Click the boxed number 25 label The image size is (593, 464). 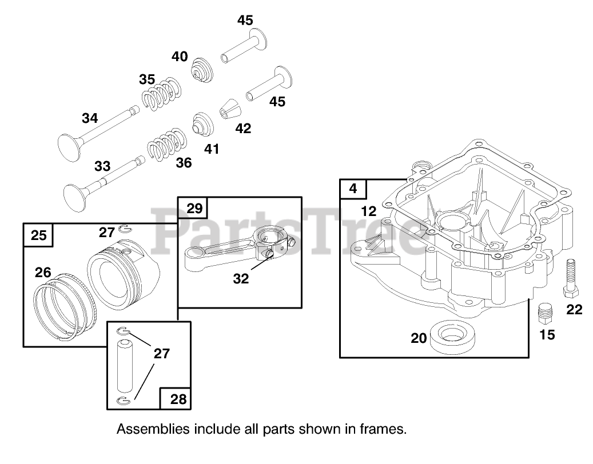(38, 235)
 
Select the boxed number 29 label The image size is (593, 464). (194, 209)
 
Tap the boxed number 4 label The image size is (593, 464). (353, 189)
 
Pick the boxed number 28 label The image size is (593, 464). (178, 398)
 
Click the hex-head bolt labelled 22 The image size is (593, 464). (570, 279)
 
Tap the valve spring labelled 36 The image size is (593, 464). (167, 145)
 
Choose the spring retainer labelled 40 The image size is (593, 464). (201, 70)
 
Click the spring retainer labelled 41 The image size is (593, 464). (201, 123)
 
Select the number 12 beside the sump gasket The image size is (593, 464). (369, 211)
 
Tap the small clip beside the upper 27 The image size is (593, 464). (122, 230)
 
